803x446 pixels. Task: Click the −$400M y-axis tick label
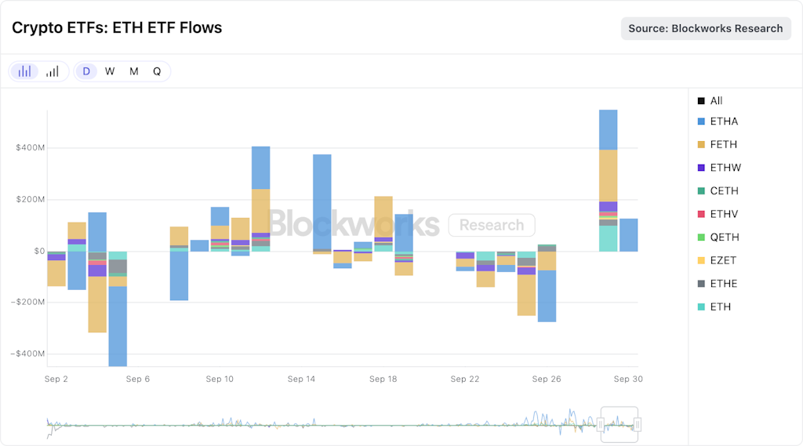point(28,354)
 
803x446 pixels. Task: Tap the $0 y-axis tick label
point(38,251)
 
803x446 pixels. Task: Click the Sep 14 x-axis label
point(301,379)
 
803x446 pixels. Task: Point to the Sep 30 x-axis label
point(627,379)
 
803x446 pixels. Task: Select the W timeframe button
point(110,71)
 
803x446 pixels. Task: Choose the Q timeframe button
point(157,71)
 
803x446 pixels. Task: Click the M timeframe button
point(134,71)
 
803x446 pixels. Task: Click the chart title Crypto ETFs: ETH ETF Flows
point(117,28)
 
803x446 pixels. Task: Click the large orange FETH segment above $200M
point(608,176)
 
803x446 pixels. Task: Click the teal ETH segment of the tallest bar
point(608,238)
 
